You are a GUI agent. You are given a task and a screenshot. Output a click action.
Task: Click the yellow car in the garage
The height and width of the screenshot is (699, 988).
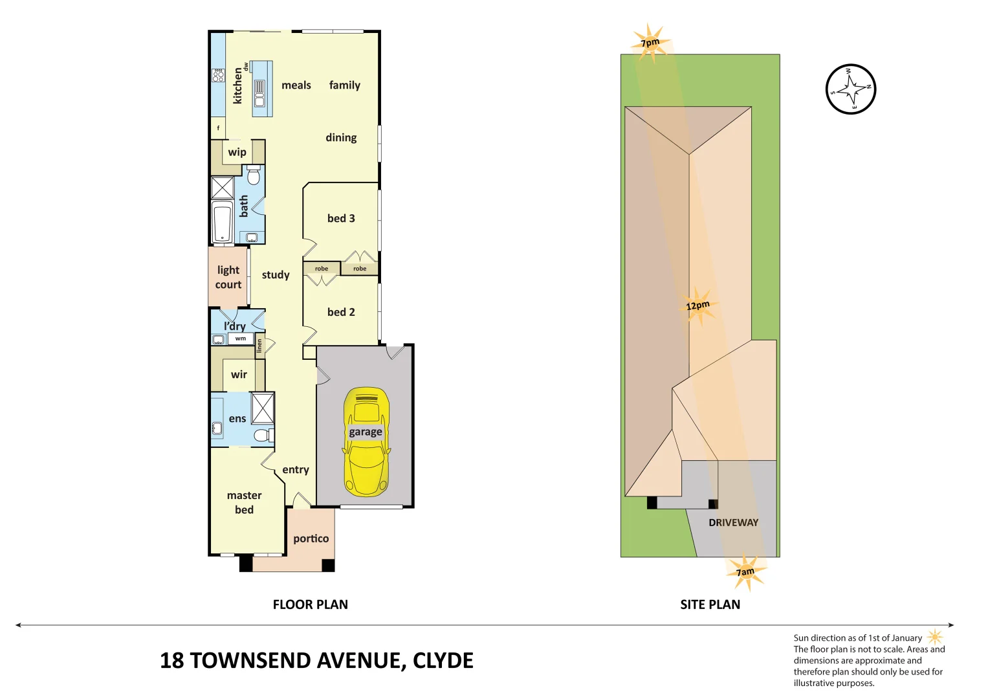pos(366,441)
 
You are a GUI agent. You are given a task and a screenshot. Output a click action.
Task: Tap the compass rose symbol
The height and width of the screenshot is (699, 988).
pos(851,89)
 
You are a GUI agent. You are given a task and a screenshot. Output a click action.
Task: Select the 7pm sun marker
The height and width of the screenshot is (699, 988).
pos(650,43)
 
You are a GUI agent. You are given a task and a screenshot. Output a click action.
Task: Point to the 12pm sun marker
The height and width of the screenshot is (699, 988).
pos(697,305)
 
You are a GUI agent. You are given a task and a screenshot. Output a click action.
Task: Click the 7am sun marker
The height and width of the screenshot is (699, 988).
pos(746,571)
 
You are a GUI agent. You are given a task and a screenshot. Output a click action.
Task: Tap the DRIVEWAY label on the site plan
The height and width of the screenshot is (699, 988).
pos(733,522)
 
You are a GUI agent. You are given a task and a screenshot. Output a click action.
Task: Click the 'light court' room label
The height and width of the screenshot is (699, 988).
pos(228,277)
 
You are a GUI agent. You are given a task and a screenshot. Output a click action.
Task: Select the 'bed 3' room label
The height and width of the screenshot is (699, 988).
pos(341,218)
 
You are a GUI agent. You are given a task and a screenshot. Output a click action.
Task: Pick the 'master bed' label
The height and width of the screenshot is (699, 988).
pos(244,502)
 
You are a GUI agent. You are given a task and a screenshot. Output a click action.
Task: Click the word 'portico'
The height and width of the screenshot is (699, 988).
pos(311,538)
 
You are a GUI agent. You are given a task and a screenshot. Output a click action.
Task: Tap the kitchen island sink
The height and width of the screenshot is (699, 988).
pos(259,93)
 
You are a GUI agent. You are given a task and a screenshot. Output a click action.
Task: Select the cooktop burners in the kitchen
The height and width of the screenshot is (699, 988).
pos(218,75)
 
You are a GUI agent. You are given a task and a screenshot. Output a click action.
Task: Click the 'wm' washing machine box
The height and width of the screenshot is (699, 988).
pos(241,338)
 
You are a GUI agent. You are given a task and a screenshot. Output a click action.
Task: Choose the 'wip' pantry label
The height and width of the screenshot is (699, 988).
pos(237,152)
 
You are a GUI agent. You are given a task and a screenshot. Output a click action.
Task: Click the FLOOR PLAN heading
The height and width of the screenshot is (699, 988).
pos(310,605)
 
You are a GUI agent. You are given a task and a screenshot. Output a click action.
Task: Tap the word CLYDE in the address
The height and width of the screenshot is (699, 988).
pos(443,660)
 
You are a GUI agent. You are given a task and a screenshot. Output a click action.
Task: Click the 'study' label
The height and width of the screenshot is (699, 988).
pos(276,275)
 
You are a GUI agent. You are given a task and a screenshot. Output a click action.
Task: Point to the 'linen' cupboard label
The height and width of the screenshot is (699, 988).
pos(259,346)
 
